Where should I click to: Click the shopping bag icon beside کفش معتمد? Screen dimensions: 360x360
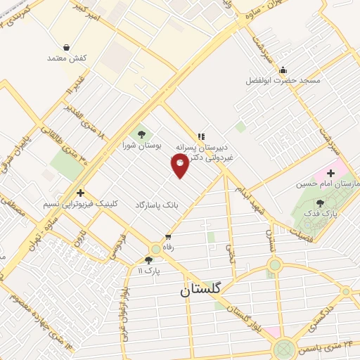point(66,48)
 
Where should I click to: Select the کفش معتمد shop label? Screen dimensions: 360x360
point(66,59)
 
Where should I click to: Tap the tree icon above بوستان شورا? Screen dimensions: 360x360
point(142,134)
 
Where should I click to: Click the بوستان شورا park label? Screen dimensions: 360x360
point(142,146)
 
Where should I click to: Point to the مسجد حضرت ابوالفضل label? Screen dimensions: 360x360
point(283,81)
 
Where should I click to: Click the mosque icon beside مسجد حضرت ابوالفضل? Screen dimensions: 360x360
point(283,70)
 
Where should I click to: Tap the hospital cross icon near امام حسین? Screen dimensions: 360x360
point(330,173)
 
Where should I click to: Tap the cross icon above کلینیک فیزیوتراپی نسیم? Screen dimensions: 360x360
point(81,193)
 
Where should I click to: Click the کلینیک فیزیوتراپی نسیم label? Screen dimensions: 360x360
point(82,204)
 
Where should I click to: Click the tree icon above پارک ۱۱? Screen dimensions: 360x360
point(148,259)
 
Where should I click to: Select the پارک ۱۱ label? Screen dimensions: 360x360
point(148,270)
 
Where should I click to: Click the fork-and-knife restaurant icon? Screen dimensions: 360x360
point(201,136)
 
